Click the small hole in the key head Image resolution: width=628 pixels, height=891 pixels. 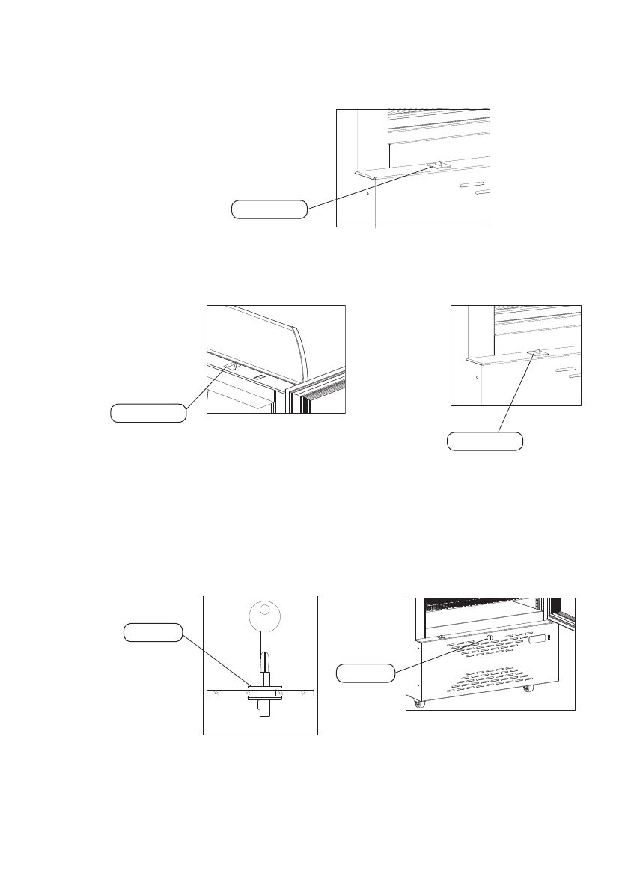coord(261,612)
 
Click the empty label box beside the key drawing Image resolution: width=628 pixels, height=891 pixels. coord(153,633)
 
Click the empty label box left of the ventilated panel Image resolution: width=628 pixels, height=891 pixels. coord(365,673)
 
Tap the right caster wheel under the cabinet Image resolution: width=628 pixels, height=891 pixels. coord(530,688)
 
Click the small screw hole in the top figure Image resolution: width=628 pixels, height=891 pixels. coord(368,191)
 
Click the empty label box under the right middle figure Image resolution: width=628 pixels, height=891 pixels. coord(484,442)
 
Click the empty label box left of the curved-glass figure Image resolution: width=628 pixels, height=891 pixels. coord(148,412)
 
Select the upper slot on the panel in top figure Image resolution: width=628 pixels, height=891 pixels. coord(472,185)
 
